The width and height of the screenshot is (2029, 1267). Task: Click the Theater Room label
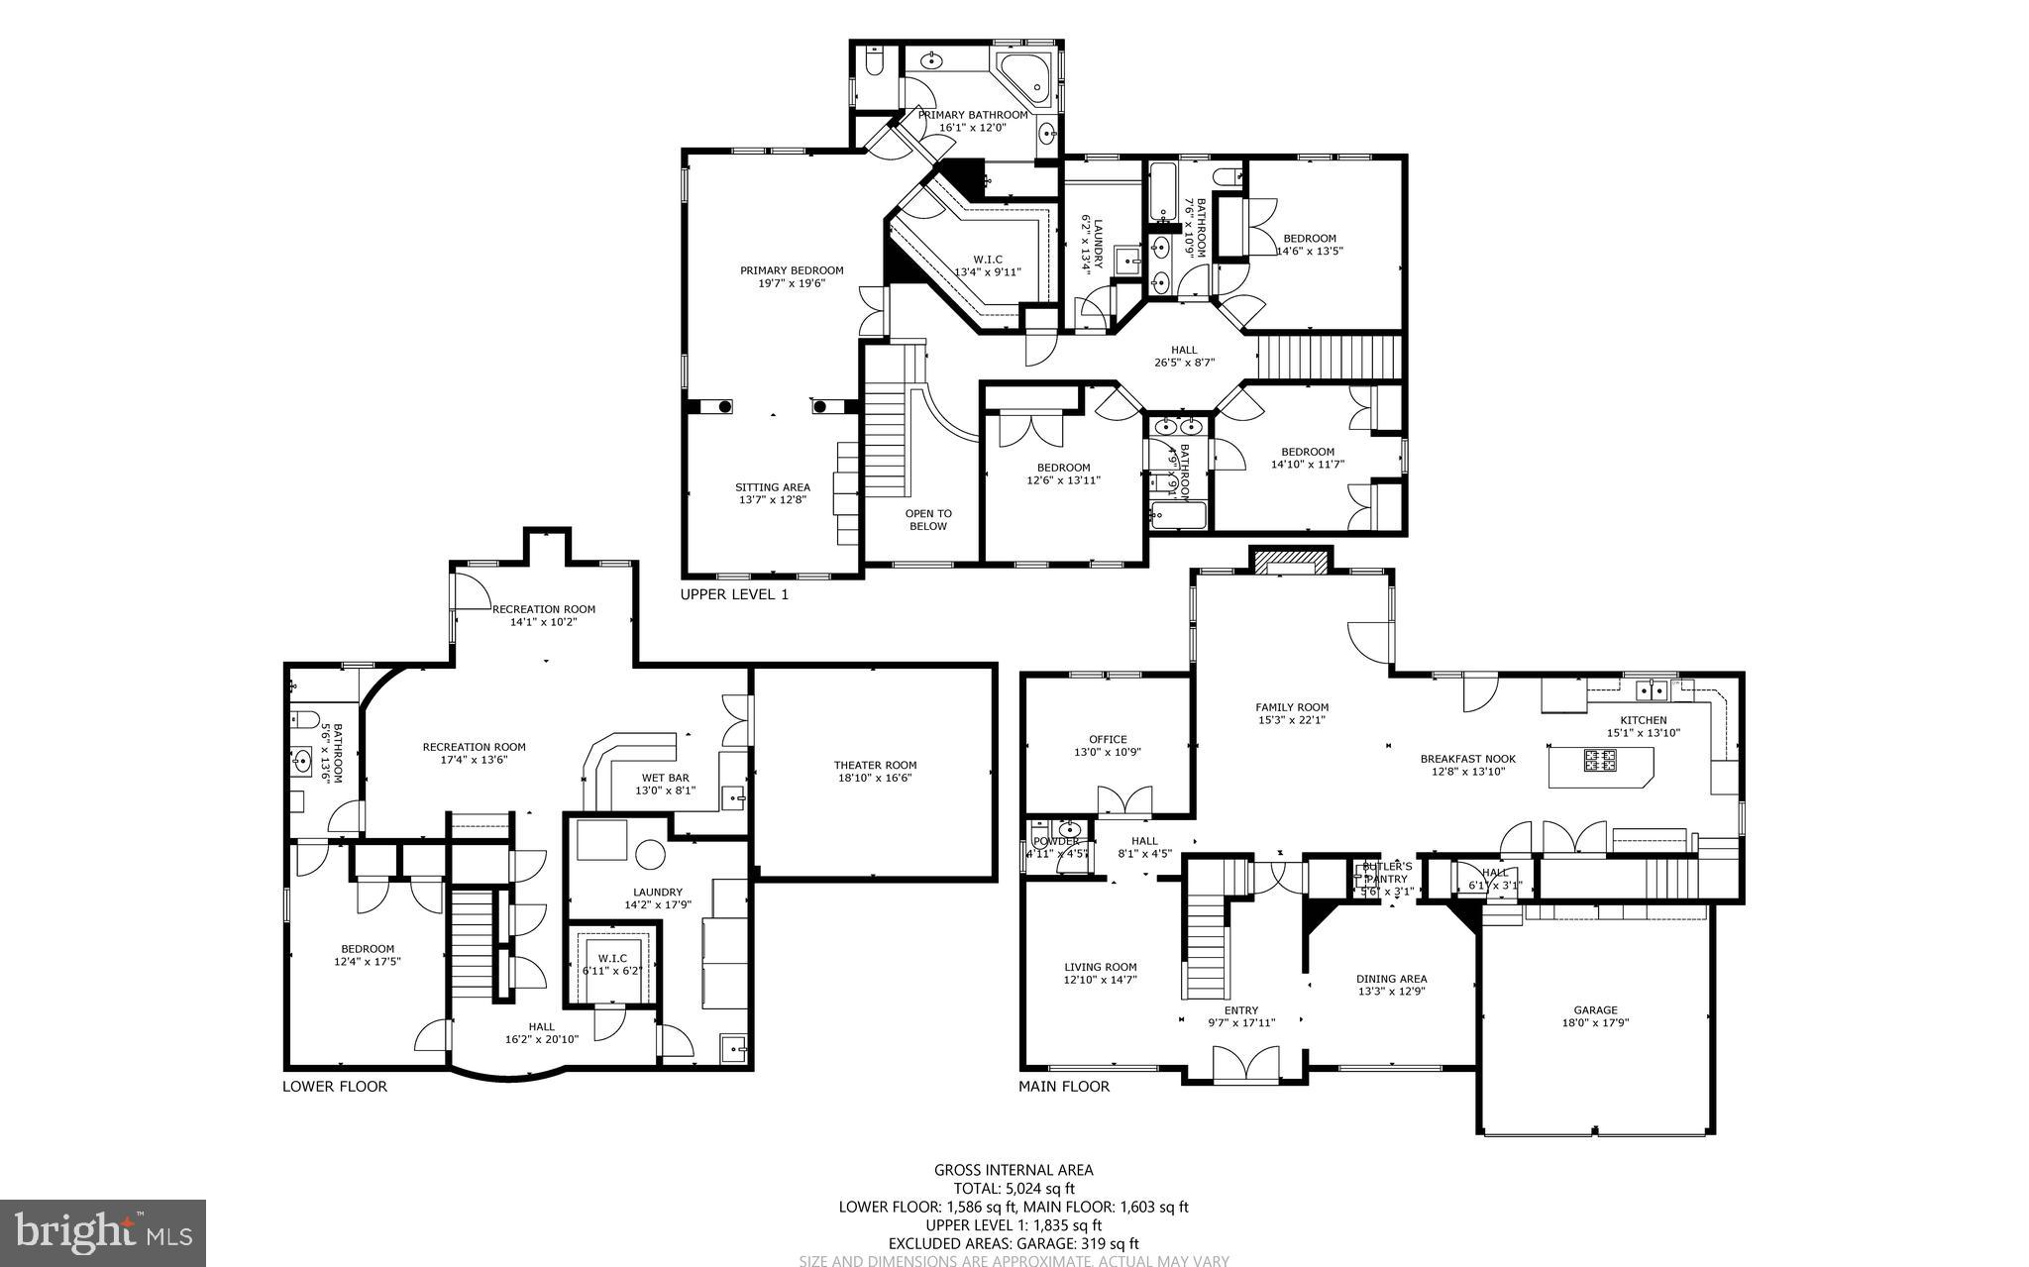tap(874, 765)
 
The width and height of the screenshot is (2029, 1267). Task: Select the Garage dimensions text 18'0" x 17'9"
tap(1595, 1023)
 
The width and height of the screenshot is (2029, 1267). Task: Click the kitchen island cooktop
tap(1600, 761)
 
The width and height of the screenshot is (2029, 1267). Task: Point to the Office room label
tap(1108, 739)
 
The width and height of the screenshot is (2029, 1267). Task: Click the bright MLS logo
tap(103, 1232)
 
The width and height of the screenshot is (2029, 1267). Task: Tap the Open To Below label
tap(928, 520)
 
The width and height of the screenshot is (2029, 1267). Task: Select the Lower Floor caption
tap(335, 1087)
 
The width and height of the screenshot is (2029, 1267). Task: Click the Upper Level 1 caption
tap(734, 595)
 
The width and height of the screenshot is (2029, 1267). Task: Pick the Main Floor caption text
tap(1064, 1087)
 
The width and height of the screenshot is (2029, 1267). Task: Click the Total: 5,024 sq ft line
tap(1014, 1189)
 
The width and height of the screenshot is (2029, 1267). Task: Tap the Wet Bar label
tap(665, 778)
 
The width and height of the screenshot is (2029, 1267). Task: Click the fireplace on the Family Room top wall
tap(1291, 562)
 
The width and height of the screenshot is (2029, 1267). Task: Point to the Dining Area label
tap(1391, 979)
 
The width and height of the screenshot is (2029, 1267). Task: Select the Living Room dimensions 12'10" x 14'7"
tap(1101, 980)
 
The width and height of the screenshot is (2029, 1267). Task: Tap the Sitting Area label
tap(772, 487)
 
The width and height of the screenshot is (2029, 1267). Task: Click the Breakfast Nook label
tap(1467, 759)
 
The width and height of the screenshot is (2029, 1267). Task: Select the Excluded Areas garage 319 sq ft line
tap(1014, 1243)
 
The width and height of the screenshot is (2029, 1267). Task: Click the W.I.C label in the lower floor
tap(612, 958)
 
